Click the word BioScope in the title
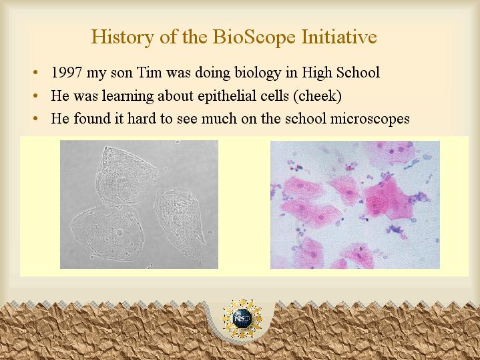(x=254, y=37)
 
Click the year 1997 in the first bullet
(x=67, y=73)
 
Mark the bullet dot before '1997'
(x=36, y=73)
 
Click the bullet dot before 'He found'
(x=36, y=118)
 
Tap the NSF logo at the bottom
(x=242, y=319)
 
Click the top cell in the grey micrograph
(x=125, y=176)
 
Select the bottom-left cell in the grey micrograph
(x=107, y=233)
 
